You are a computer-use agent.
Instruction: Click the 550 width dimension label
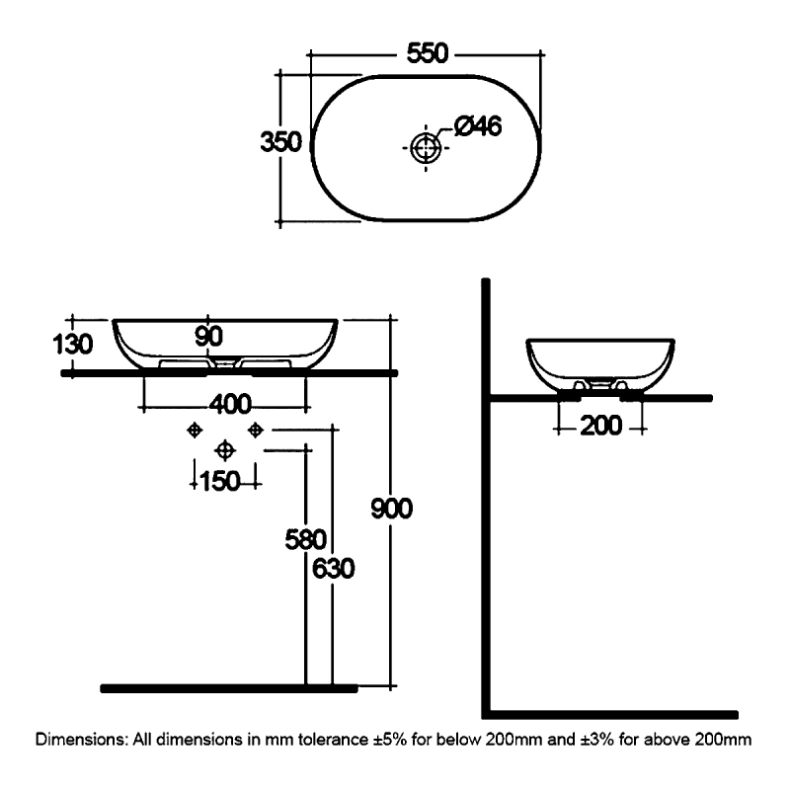tap(427, 56)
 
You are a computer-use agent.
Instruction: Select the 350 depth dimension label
tap(279, 142)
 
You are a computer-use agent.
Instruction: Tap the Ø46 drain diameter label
tap(478, 126)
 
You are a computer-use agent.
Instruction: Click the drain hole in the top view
tap(427, 149)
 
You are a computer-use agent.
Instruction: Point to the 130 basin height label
tap(73, 345)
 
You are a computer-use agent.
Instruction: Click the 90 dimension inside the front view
tap(207, 336)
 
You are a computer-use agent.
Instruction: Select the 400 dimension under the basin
tap(228, 405)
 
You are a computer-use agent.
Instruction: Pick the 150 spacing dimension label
tap(221, 481)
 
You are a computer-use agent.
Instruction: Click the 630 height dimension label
tap(333, 570)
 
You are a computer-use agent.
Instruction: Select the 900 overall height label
tap(390, 509)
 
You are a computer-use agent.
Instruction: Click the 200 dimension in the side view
tap(600, 428)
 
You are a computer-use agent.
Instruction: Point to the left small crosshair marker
tap(195, 430)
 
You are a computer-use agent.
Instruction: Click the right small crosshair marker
tap(256, 430)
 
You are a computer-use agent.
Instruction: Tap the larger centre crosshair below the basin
tap(225, 450)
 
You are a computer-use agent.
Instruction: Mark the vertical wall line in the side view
tap(487, 494)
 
